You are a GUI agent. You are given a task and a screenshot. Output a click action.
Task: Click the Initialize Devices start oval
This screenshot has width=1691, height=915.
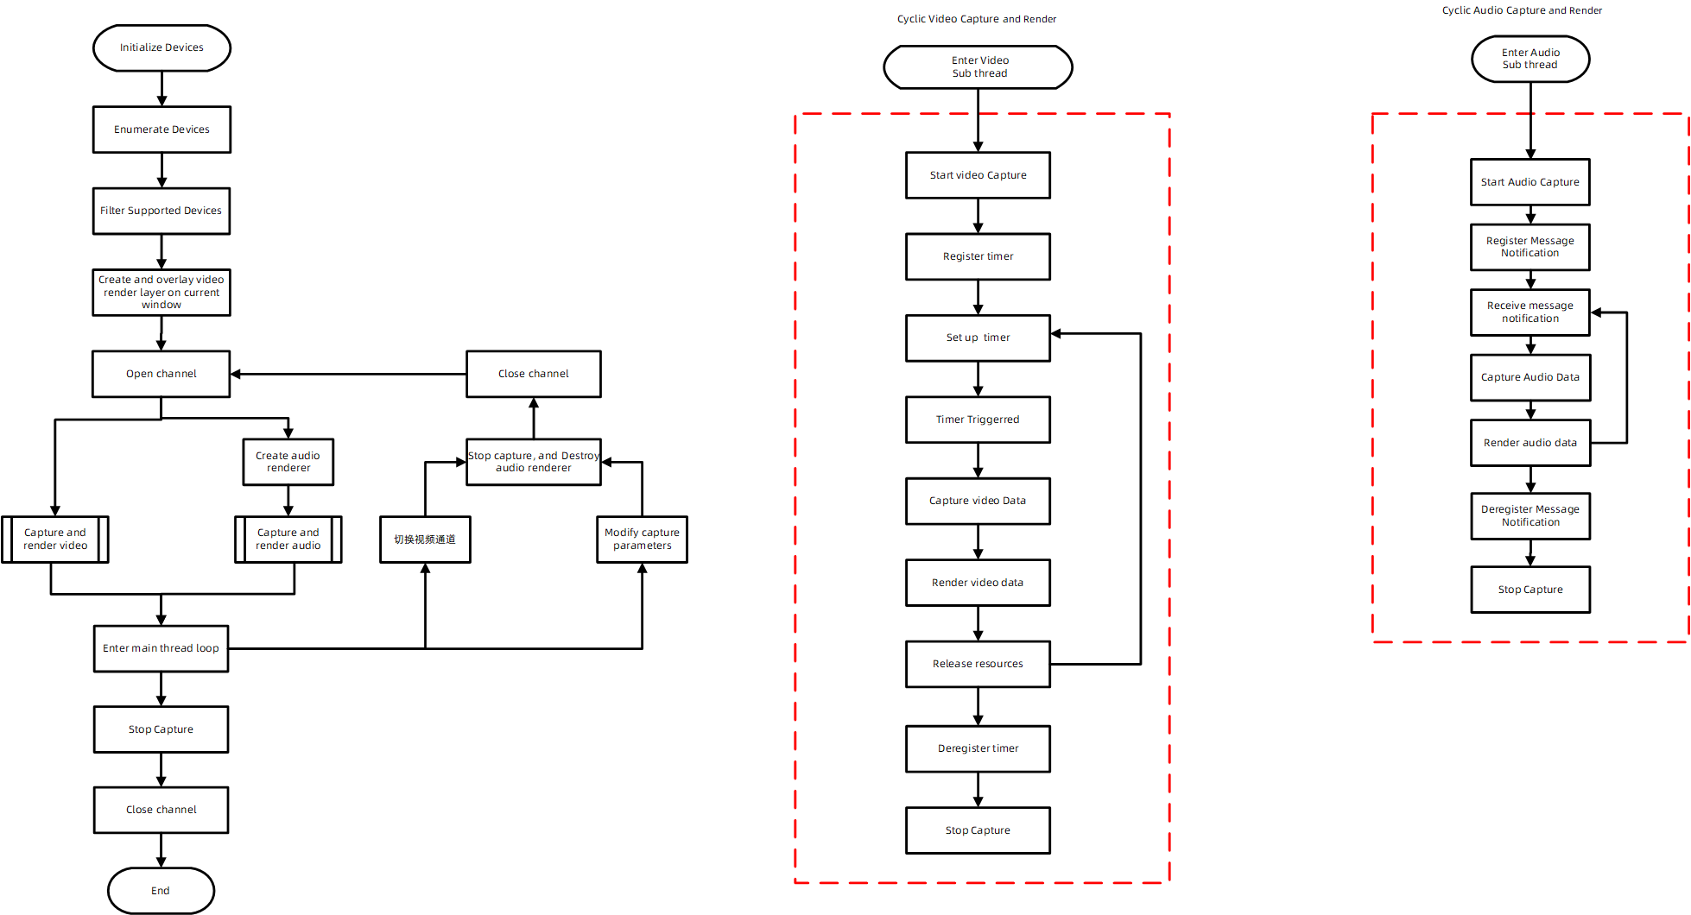[x=161, y=47]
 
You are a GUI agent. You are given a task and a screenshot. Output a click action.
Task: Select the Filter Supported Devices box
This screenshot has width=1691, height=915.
[x=161, y=211]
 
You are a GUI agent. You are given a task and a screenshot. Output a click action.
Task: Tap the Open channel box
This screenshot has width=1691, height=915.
[x=161, y=374]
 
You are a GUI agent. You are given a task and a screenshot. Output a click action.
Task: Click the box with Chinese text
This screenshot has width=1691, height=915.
[x=425, y=540]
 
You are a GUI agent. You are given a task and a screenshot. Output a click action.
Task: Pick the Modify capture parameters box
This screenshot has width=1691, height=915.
[x=642, y=540]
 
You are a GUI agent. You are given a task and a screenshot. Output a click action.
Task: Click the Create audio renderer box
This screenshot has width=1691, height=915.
[x=288, y=462]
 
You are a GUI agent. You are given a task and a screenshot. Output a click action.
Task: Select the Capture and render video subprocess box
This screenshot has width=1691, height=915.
[x=55, y=540]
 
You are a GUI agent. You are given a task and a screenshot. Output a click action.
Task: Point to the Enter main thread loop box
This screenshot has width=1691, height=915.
[x=161, y=648]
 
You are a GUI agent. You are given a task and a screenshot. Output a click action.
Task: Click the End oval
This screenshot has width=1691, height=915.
[x=161, y=891]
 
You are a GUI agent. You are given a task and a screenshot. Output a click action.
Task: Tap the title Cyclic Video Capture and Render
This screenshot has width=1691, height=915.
[x=976, y=19]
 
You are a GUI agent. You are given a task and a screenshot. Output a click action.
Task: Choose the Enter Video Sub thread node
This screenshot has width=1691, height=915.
[x=978, y=67]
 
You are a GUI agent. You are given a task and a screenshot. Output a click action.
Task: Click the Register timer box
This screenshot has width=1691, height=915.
[x=978, y=256]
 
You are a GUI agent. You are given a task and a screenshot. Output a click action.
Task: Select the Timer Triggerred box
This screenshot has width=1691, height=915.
[x=978, y=420]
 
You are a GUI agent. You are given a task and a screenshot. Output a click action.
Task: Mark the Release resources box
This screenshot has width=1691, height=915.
[x=978, y=664]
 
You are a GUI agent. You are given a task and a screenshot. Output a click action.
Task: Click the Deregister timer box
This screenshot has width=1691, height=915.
[x=978, y=748]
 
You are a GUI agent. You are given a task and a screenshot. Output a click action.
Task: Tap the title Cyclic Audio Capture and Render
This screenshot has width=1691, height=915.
[x=1521, y=10]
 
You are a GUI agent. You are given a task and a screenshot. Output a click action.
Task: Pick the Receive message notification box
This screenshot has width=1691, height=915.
[x=1529, y=312]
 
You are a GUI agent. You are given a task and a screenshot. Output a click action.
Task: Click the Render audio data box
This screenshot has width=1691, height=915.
[x=1529, y=443]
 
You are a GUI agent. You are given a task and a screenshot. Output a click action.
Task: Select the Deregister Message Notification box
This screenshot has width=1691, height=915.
[x=1529, y=516]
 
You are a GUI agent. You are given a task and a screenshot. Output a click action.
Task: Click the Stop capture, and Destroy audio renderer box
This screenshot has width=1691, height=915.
[x=533, y=462]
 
